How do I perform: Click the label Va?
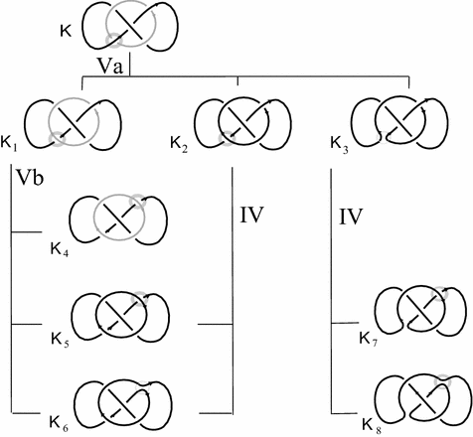[109, 66]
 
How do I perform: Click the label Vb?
[30, 178]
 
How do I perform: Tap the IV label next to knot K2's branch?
[251, 215]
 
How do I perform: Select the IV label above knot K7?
[351, 217]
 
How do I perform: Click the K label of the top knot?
[66, 32]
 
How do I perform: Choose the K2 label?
[179, 145]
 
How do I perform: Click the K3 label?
[340, 144]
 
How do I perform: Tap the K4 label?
[60, 249]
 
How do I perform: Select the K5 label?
[60, 340]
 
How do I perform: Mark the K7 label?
[369, 340]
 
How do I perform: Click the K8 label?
[372, 426]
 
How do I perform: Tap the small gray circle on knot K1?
[57, 138]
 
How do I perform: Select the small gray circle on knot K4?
[137, 202]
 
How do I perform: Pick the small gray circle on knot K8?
[443, 381]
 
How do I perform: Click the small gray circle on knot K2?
[228, 138]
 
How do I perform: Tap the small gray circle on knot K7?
[440, 294]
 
